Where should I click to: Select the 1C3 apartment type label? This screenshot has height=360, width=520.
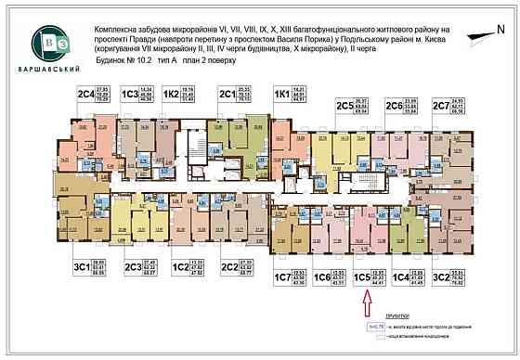[130, 93]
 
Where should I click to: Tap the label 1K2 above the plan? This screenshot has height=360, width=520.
[171, 94]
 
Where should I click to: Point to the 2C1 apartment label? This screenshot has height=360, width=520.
[226, 93]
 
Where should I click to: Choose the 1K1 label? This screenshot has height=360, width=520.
[281, 94]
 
